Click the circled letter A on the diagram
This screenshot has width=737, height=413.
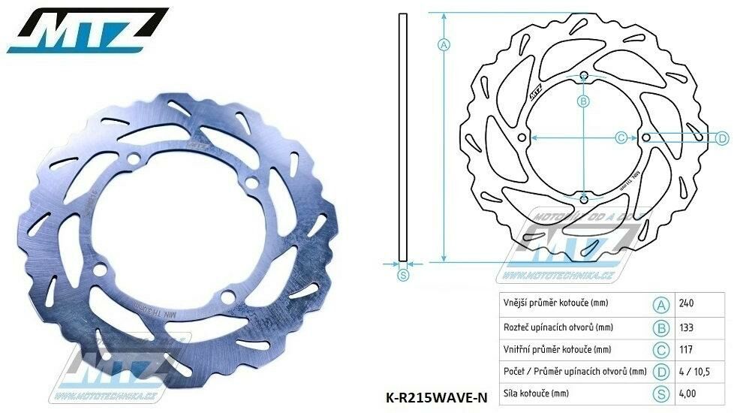coord(443,44)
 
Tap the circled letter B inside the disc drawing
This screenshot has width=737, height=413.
coord(583,101)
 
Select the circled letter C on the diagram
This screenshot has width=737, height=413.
coord(621,137)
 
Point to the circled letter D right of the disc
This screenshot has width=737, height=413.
coord(721,137)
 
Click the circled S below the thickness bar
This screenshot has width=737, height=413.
coord(402,275)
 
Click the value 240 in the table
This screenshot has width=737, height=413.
coord(685,304)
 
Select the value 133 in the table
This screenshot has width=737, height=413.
coord(685,327)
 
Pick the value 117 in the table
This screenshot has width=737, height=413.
coord(684,350)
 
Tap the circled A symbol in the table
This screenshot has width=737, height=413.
coord(660,304)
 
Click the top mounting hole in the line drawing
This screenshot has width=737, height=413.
coord(584,75)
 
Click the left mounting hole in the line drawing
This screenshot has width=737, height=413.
coord(522,137)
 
